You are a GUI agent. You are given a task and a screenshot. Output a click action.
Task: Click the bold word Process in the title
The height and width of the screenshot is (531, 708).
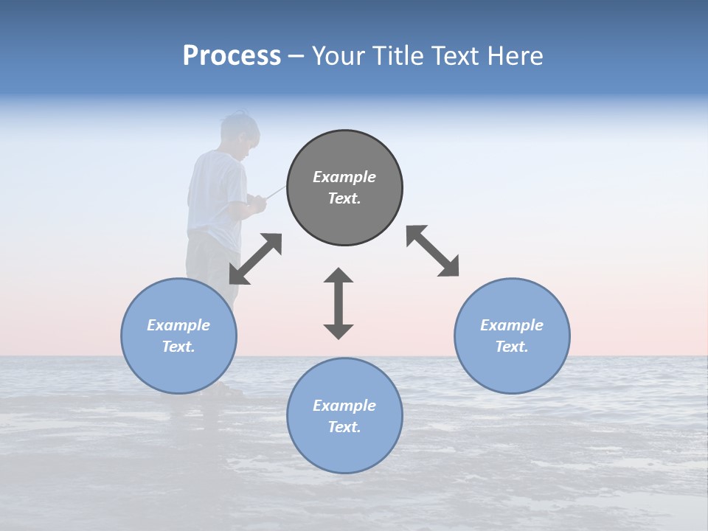(232, 56)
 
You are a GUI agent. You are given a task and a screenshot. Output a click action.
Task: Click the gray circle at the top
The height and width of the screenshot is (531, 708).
(344, 188)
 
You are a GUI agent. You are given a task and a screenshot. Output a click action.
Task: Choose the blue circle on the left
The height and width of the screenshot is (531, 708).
(178, 336)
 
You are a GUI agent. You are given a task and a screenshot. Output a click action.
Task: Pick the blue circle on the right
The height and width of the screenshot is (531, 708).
(512, 336)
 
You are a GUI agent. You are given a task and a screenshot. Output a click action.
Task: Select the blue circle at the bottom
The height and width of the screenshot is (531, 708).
(344, 415)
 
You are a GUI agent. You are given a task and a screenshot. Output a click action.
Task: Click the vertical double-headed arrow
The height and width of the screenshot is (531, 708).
(339, 303)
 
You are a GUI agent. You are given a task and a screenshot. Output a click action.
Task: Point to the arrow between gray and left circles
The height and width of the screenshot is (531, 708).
(255, 259)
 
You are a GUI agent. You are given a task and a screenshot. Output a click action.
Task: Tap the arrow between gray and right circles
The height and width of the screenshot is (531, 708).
(433, 251)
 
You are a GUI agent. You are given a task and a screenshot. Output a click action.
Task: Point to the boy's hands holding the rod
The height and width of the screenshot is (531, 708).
(256, 203)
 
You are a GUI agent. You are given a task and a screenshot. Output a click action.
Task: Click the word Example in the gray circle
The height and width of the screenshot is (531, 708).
(344, 177)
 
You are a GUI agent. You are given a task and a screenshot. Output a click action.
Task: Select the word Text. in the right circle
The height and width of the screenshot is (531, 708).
(512, 347)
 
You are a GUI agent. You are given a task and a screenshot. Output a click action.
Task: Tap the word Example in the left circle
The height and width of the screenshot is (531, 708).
(178, 325)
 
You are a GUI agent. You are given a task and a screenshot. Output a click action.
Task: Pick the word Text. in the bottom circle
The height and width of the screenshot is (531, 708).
(344, 427)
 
